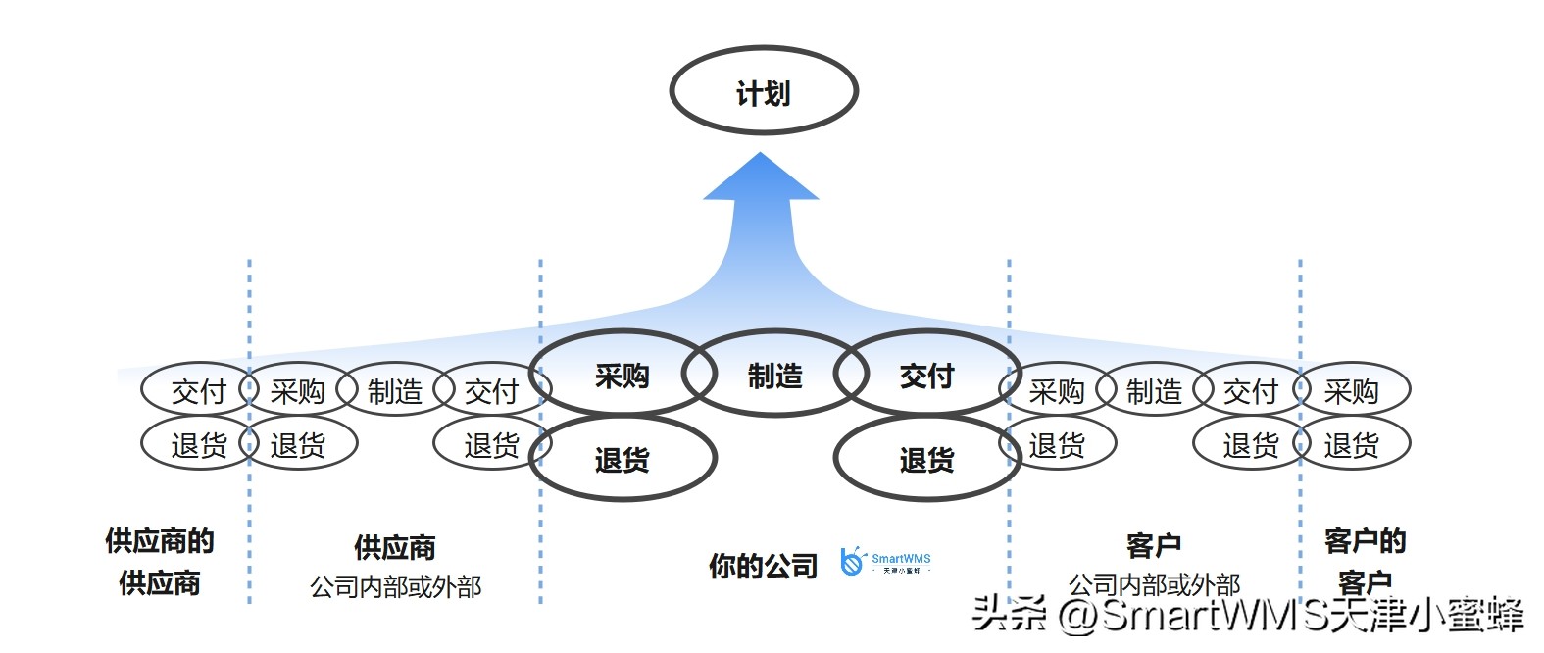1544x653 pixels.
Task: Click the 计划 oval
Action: point(763,91)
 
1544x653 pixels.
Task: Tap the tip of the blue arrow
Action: point(761,157)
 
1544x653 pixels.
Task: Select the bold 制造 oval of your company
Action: point(774,376)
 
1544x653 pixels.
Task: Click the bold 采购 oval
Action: point(622,376)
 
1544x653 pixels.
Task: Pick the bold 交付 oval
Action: point(926,376)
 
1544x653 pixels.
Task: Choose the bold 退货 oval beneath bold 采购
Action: point(622,459)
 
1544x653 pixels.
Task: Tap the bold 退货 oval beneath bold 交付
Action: point(926,459)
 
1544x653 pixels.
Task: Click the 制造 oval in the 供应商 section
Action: point(394,391)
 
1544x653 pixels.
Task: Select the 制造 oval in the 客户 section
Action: point(1153,391)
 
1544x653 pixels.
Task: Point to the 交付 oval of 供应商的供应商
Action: point(198,391)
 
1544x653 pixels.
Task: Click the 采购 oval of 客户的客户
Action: point(1351,391)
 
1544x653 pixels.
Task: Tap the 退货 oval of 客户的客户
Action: point(1351,445)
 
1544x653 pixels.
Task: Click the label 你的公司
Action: point(763,566)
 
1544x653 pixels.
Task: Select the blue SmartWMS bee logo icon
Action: point(852,562)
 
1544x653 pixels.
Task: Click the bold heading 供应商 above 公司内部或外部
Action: point(394,547)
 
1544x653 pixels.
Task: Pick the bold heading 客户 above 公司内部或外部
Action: point(1153,545)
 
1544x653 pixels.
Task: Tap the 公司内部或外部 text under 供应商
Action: point(395,586)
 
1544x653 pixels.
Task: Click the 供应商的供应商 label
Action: point(160,561)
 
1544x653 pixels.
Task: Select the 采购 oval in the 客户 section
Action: point(1056,391)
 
